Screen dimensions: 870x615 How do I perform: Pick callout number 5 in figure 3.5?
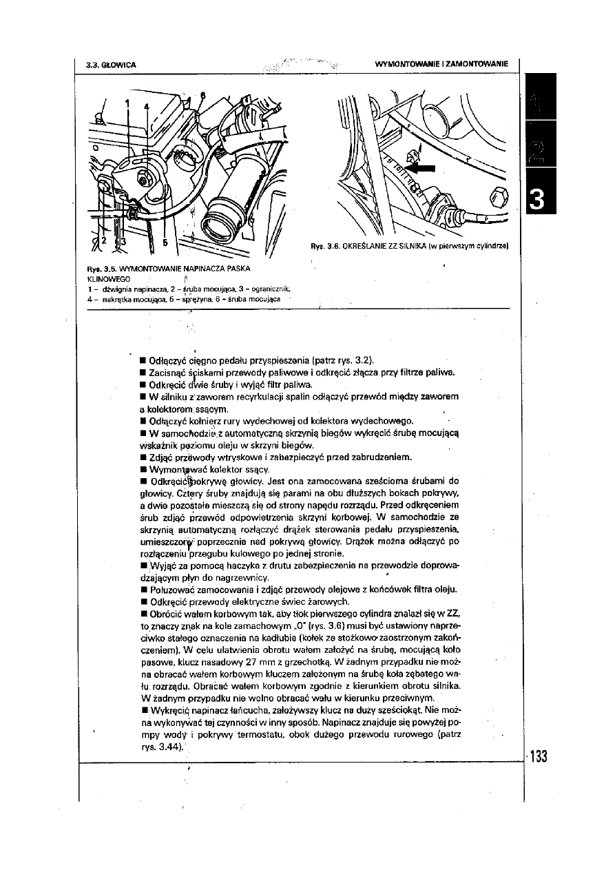(165, 242)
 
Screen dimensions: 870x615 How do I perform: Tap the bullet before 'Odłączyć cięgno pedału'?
(141, 360)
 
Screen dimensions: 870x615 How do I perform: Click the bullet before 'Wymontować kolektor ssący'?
(141, 469)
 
